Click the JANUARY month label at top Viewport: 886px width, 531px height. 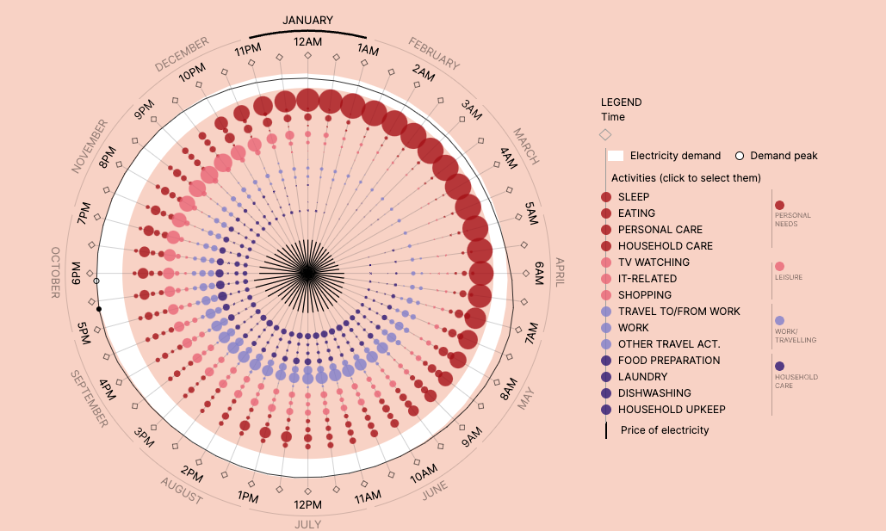point(307,21)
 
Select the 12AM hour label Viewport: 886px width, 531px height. point(307,41)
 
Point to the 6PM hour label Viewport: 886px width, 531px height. point(77,273)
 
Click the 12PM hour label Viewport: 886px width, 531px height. point(307,504)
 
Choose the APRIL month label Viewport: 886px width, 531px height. point(560,274)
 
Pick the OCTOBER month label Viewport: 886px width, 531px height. point(56,273)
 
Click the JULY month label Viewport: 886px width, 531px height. point(307,524)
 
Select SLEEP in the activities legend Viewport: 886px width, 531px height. point(634,197)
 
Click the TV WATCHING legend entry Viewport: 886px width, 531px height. point(654,262)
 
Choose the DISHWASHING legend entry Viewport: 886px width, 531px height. point(654,393)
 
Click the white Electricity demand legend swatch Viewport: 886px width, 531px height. point(616,156)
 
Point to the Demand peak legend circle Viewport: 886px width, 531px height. point(739,156)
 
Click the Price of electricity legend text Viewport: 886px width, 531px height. point(665,430)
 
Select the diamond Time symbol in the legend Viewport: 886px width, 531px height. point(605,134)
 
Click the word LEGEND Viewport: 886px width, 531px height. point(621,102)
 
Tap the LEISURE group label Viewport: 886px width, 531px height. point(788,277)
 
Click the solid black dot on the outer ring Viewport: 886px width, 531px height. point(99,309)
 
